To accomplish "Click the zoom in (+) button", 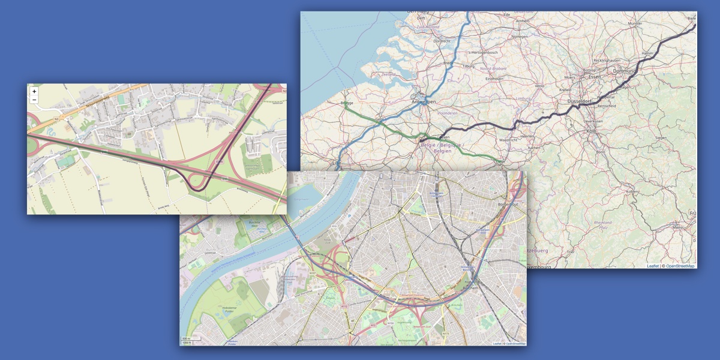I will (34, 92).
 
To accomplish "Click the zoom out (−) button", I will (34, 100).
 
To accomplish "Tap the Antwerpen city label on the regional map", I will (423, 102).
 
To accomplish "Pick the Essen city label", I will (595, 77).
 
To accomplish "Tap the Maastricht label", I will (508, 140).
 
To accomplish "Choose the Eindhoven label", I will (494, 79).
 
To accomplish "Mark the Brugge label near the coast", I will (347, 103).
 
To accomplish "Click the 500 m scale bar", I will (187, 339).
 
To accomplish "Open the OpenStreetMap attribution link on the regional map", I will (680, 266).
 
